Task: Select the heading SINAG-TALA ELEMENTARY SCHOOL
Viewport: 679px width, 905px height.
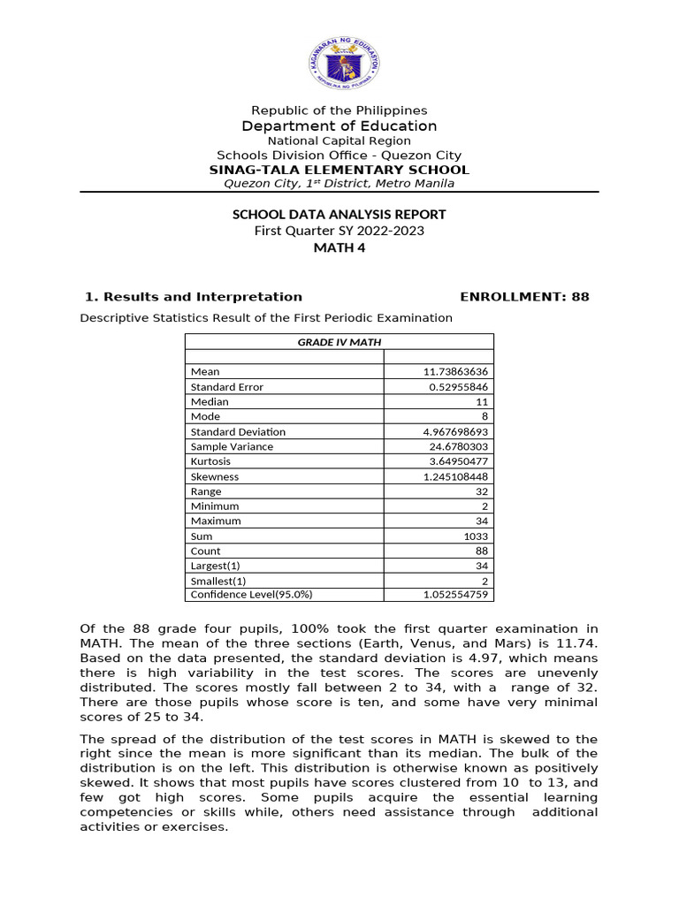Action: click(339, 170)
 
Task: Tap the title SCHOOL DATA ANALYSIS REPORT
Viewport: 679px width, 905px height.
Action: click(339, 215)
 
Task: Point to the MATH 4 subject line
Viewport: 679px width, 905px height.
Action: click(339, 247)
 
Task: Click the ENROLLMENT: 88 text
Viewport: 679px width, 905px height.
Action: click(525, 297)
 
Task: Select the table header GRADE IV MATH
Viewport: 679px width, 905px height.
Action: click(339, 342)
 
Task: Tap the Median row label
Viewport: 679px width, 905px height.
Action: click(210, 402)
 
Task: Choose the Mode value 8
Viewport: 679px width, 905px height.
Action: click(485, 416)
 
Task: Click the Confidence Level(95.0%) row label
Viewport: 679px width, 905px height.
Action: click(251, 595)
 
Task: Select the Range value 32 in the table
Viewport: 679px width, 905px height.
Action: click(482, 491)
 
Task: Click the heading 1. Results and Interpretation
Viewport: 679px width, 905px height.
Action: click(193, 297)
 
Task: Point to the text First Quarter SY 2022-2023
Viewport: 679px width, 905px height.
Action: click(339, 232)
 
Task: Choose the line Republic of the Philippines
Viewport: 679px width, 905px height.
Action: click(339, 110)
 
